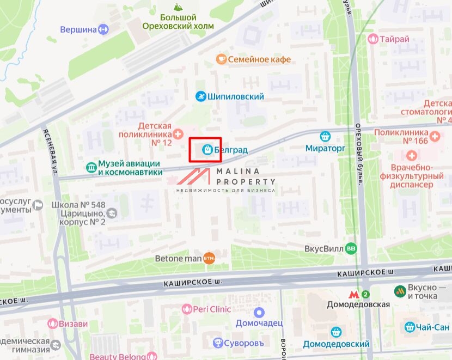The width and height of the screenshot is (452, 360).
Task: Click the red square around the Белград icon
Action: click(205, 150)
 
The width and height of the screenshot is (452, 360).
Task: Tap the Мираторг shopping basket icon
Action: click(326, 136)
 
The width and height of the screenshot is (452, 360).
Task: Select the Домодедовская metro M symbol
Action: click(355, 294)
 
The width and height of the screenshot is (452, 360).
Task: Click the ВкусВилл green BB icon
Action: click(352, 248)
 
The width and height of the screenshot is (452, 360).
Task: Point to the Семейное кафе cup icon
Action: click(221, 59)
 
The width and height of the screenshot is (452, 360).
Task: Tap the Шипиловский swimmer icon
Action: click(201, 96)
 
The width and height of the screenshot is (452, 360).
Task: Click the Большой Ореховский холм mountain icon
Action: click(178, 7)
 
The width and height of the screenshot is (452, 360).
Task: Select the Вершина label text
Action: click(78, 29)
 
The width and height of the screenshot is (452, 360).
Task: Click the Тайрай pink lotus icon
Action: click(373, 39)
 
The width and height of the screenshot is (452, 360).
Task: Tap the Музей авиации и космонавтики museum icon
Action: click(91, 168)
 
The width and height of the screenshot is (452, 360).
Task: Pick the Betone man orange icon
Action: click(209, 258)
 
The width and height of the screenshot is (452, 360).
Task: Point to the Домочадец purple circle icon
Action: click(259, 312)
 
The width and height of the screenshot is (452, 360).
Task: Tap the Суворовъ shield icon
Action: click(218, 343)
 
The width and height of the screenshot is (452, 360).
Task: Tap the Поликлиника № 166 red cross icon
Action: click(435, 136)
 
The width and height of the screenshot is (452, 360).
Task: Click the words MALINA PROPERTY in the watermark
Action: click(246, 176)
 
